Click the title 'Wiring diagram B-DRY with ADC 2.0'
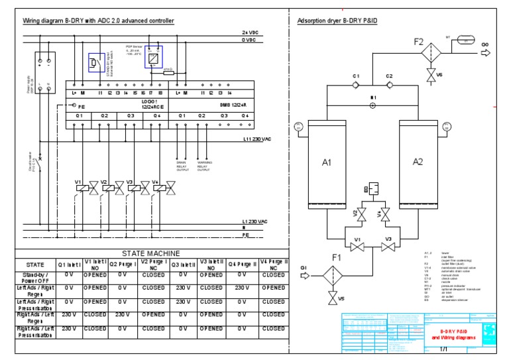tap(99, 21)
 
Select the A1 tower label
tap(326, 162)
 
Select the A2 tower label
tap(418, 162)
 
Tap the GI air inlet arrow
tap(306, 275)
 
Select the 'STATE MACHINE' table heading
tap(150, 253)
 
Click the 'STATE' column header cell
tap(34, 264)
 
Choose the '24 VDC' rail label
tap(250, 32)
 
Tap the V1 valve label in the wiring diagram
tap(78, 181)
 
